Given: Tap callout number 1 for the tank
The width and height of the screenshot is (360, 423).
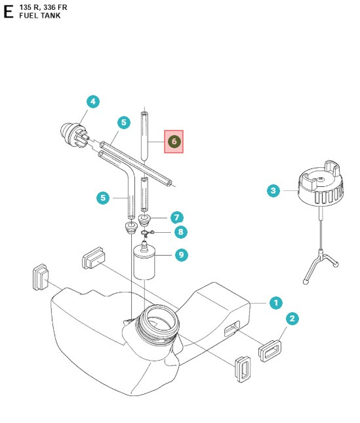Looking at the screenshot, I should coord(276,302).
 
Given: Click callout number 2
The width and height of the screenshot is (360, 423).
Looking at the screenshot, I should coord(293,319).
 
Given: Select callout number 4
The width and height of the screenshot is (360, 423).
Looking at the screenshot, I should coord(93,101).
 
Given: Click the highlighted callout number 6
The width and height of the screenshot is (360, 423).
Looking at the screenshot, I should coord(174,141).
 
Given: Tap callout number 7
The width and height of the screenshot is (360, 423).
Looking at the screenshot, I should coord(175,216).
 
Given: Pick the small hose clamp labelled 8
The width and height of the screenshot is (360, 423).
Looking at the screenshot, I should coord(147,232).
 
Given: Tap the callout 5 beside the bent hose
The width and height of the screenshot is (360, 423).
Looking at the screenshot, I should coord(102,197).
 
